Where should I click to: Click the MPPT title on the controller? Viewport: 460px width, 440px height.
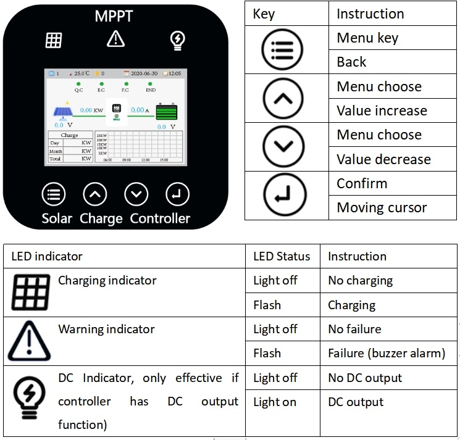pyautogui.click(x=114, y=17)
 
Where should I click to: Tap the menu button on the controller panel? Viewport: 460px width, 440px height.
pyautogui.click(x=54, y=194)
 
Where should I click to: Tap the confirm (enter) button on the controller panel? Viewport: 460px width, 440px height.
pyautogui.click(x=177, y=194)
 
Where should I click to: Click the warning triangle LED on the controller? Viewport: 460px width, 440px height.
pyautogui.click(x=115, y=39)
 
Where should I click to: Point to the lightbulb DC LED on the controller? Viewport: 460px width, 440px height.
pyautogui.click(x=178, y=40)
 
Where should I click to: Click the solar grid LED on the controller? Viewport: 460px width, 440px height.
pyautogui.click(x=54, y=40)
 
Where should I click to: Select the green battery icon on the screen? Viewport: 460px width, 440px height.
pyautogui.click(x=165, y=113)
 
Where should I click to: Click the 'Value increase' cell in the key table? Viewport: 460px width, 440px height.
pyautogui.click(x=382, y=111)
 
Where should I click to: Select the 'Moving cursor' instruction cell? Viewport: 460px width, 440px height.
pyautogui.click(x=382, y=207)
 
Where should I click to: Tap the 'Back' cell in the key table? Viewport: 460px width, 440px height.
pyautogui.click(x=351, y=62)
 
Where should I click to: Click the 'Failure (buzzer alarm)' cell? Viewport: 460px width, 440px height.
pyautogui.click(x=387, y=354)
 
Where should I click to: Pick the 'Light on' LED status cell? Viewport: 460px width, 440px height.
pyautogui.click(x=275, y=402)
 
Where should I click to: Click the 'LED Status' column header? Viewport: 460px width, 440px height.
pyautogui.click(x=282, y=256)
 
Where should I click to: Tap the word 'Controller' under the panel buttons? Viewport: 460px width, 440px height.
pyautogui.click(x=160, y=218)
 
